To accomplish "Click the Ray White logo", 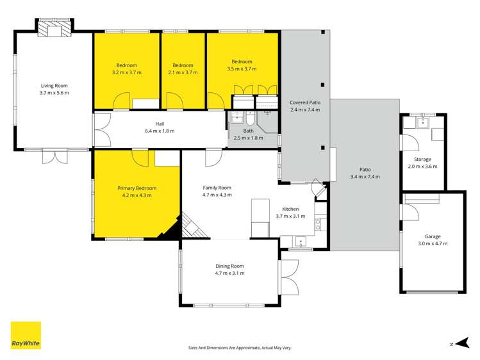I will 26,335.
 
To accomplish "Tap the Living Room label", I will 54,86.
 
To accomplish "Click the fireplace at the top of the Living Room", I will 54,28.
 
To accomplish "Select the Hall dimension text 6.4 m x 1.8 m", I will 160,131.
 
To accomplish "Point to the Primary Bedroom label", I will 137,188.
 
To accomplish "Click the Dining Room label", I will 229,266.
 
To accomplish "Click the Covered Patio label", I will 304,102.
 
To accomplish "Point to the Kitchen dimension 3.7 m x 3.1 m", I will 290,216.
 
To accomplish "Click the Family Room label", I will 217,188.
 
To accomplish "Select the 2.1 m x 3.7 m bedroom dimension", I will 183,72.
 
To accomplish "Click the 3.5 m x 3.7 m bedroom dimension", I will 242,69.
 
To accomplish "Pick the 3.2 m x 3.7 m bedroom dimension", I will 126,72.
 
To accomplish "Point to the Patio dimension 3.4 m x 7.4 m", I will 365,177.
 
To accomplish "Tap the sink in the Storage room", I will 423,122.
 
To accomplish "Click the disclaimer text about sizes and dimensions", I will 239,347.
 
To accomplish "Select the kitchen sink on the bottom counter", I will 300,243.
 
